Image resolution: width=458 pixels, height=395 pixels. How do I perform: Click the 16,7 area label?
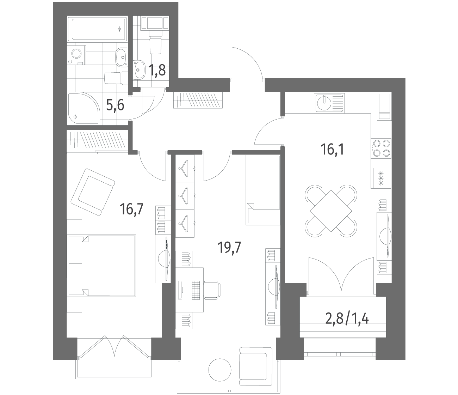[x=131, y=209]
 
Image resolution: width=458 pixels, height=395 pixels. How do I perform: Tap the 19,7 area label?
[x=229, y=247]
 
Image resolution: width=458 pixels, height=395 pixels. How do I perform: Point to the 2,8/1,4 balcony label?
[x=347, y=319]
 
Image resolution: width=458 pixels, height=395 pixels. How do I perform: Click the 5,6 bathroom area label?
[x=115, y=105]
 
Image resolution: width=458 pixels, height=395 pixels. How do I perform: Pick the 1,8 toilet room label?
[x=157, y=70]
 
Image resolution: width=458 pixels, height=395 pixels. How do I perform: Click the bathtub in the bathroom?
[x=98, y=29]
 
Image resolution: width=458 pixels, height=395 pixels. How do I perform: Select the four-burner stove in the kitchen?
[x=381, y=148]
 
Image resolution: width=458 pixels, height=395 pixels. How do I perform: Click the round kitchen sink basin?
[x=324, y=103]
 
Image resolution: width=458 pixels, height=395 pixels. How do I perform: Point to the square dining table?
[x=331, y=211]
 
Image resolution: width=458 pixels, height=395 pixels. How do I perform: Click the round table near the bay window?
[x=219, y=370]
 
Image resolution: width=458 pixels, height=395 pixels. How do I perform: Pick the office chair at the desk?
[x=212, y=290]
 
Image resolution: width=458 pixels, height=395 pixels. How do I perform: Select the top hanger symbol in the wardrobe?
[x=184, y=168]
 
